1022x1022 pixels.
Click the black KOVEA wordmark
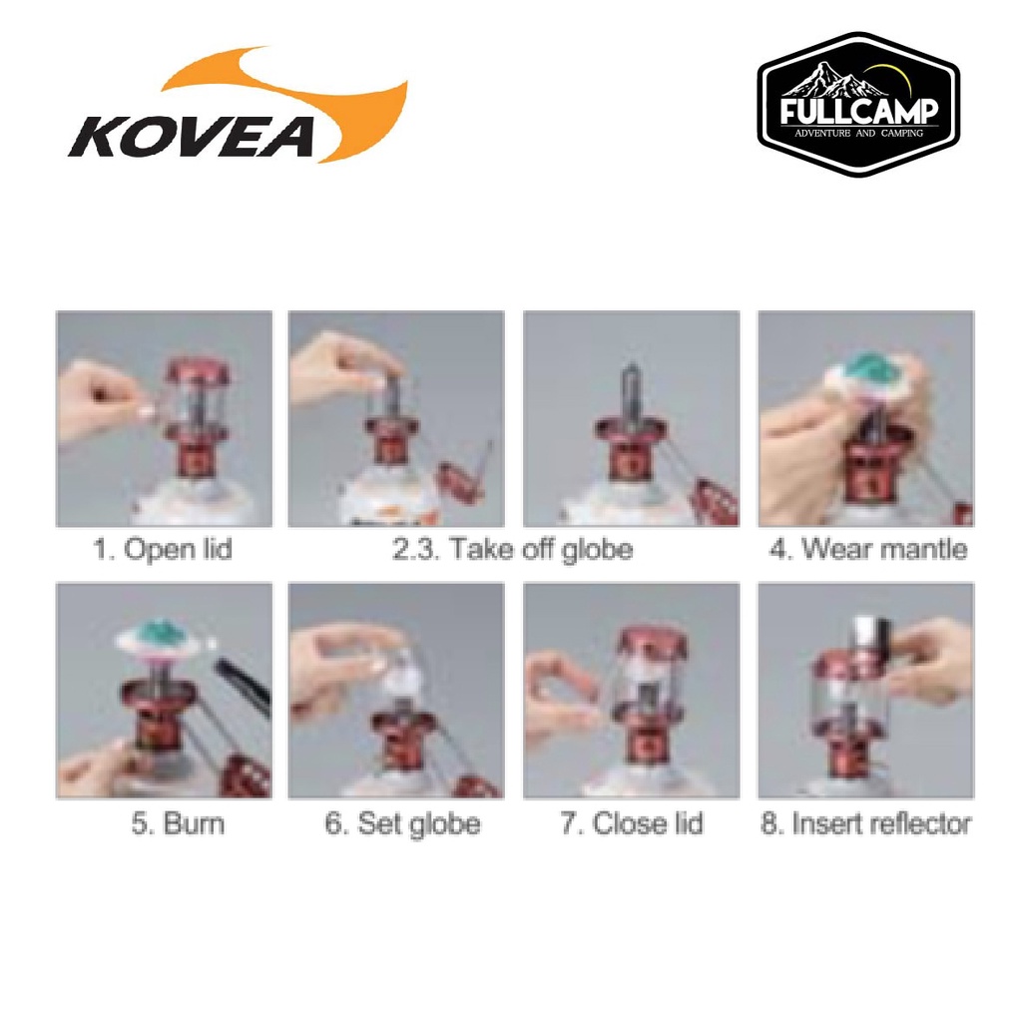click(191, 137)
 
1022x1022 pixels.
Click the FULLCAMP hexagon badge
click(858, 104)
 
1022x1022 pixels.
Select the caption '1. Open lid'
click(163, 549)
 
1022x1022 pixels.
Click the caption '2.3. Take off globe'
click(512, 549)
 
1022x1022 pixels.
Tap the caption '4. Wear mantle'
click(867, 549)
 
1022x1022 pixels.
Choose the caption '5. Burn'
click(178, 823)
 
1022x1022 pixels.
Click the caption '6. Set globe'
click(403, 823)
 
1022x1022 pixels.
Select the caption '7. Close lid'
click(632, 823)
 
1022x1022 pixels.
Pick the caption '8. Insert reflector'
click(866, 823)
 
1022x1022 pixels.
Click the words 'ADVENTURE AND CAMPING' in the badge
click(858, 133)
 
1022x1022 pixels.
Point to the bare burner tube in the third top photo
click(631, 391)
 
